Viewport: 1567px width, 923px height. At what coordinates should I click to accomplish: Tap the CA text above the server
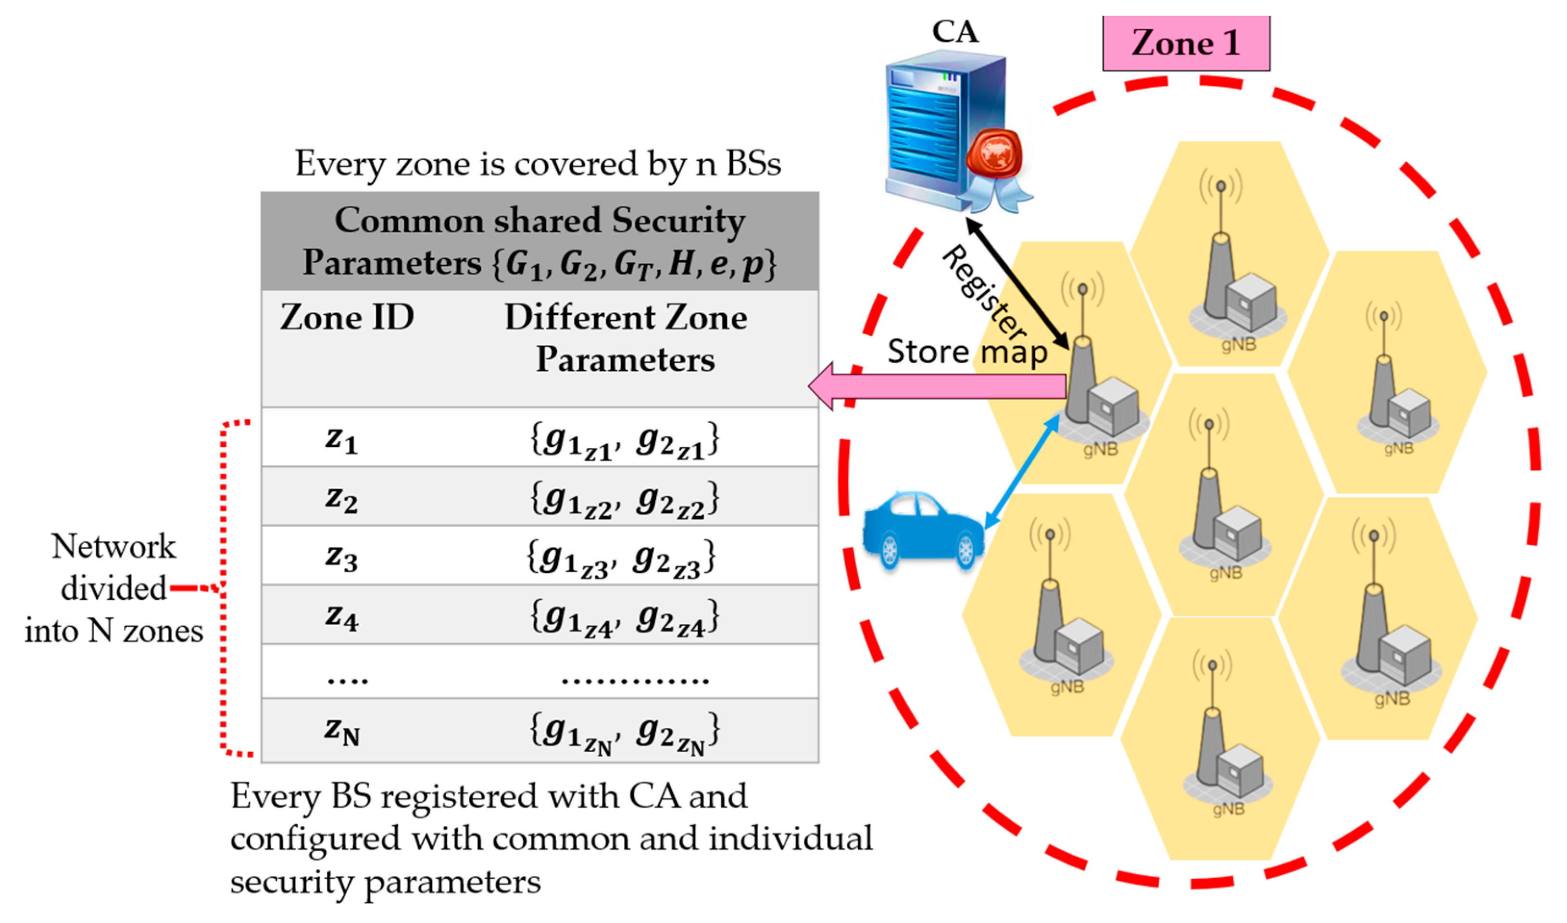[954, 31]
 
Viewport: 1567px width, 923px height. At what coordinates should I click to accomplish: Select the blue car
[923, 529]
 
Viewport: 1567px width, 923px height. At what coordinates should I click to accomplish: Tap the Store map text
[967, 352]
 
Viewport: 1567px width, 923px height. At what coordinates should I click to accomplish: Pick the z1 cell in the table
[341, 439]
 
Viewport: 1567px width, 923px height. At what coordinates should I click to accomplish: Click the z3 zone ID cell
[341, 556]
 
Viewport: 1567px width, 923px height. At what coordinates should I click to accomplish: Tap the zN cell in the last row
[341, 730]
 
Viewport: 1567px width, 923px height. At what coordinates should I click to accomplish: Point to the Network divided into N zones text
[114, 588]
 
